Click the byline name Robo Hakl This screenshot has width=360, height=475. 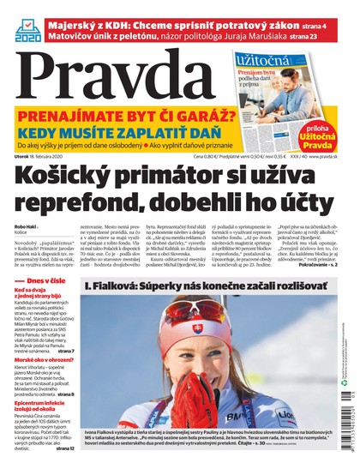tap(27, 227)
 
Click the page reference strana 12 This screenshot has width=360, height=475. tap(64, 448)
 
